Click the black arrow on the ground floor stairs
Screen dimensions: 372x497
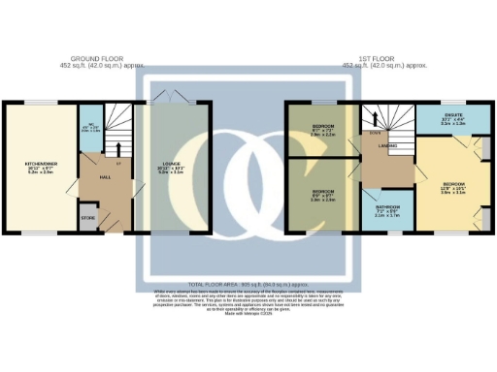[x=118, y=147]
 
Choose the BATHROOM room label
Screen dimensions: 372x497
[x=387, y=212]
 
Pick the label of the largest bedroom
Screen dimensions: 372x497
[x=453, y=186]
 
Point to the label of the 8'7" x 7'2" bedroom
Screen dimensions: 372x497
[x=323, y=130]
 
